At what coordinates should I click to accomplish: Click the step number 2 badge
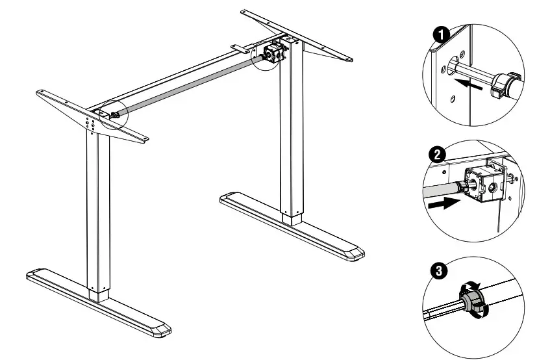coord(438,155)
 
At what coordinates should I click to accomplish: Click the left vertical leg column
coord(98,208)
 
